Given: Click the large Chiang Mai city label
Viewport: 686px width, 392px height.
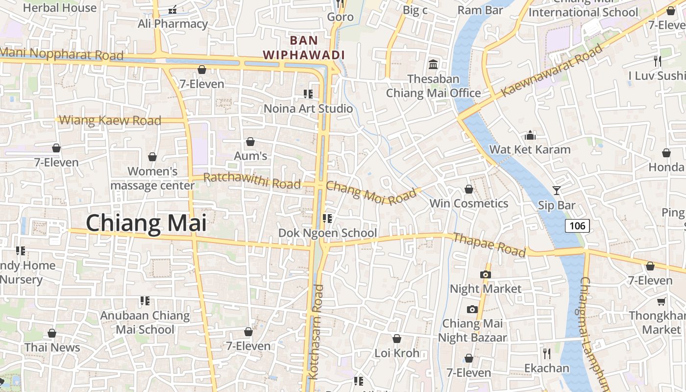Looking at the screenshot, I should (146, 223).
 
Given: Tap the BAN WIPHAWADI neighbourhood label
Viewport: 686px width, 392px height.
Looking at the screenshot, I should (304, 48).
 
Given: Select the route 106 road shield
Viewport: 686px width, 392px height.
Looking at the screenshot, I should (577, 225).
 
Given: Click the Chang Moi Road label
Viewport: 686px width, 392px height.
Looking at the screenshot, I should (370, 193).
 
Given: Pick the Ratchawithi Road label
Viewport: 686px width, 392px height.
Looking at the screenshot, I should (252, 181).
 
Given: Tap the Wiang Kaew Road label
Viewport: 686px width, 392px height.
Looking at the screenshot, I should (110, 120).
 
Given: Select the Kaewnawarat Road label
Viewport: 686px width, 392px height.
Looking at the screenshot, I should (552, 70).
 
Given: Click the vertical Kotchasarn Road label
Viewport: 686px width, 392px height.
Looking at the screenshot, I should (319, 332).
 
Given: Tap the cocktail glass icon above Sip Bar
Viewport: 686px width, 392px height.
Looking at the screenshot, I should (556, 190).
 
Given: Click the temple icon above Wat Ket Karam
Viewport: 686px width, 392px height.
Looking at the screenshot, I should (530, 135).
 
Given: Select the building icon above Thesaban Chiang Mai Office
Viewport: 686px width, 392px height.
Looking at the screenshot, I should (433, 64).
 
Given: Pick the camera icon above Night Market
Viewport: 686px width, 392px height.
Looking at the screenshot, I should (486, 274).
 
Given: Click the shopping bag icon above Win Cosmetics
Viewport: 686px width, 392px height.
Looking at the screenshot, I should (469, 189).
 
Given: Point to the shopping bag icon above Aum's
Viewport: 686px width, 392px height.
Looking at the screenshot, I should (250, 142).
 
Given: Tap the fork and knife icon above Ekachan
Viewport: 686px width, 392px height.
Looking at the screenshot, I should (547, 353).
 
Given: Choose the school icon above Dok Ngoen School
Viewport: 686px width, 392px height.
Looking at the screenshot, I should (327, 218).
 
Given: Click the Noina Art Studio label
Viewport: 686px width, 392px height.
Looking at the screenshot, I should (308, 108).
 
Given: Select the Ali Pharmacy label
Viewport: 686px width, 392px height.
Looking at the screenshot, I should (172, 24).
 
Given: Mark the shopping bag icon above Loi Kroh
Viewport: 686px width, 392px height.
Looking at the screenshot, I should (397, 339).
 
